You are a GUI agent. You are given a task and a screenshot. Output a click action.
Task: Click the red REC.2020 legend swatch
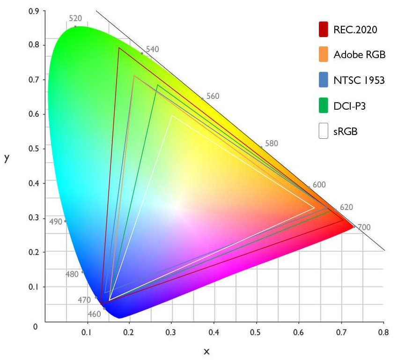point(323,29)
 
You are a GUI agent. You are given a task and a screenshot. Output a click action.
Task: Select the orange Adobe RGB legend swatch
point(323,54)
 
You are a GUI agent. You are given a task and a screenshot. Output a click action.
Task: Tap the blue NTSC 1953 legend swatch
point(323,80)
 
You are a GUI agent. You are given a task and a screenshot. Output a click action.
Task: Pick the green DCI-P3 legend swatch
point(323,106)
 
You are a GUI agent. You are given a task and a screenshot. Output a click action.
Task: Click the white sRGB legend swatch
point(323,131)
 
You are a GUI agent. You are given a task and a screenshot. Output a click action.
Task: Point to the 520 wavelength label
point(75,19)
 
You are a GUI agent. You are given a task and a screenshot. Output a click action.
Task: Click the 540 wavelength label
point(153,49)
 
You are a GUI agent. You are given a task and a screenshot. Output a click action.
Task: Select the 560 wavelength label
point(213,97)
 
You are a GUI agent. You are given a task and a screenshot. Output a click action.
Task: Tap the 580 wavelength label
point(272,143)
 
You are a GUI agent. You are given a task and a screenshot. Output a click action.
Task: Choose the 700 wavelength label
point(364,227)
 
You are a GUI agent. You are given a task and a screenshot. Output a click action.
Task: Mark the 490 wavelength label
point(56,221)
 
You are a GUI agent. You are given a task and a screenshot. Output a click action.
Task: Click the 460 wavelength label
point(94,314)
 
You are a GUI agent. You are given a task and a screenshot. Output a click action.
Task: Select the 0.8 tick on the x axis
point(383,333)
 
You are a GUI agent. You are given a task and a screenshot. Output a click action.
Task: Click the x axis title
point(206,351)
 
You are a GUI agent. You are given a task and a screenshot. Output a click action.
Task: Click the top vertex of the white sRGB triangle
point(172,116)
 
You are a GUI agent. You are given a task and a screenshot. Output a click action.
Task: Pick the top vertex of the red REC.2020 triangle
point(119,48)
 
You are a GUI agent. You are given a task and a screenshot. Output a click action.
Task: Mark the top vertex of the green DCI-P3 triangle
point(158,85)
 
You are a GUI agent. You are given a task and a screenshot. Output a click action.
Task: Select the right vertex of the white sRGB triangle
point(314,207)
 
